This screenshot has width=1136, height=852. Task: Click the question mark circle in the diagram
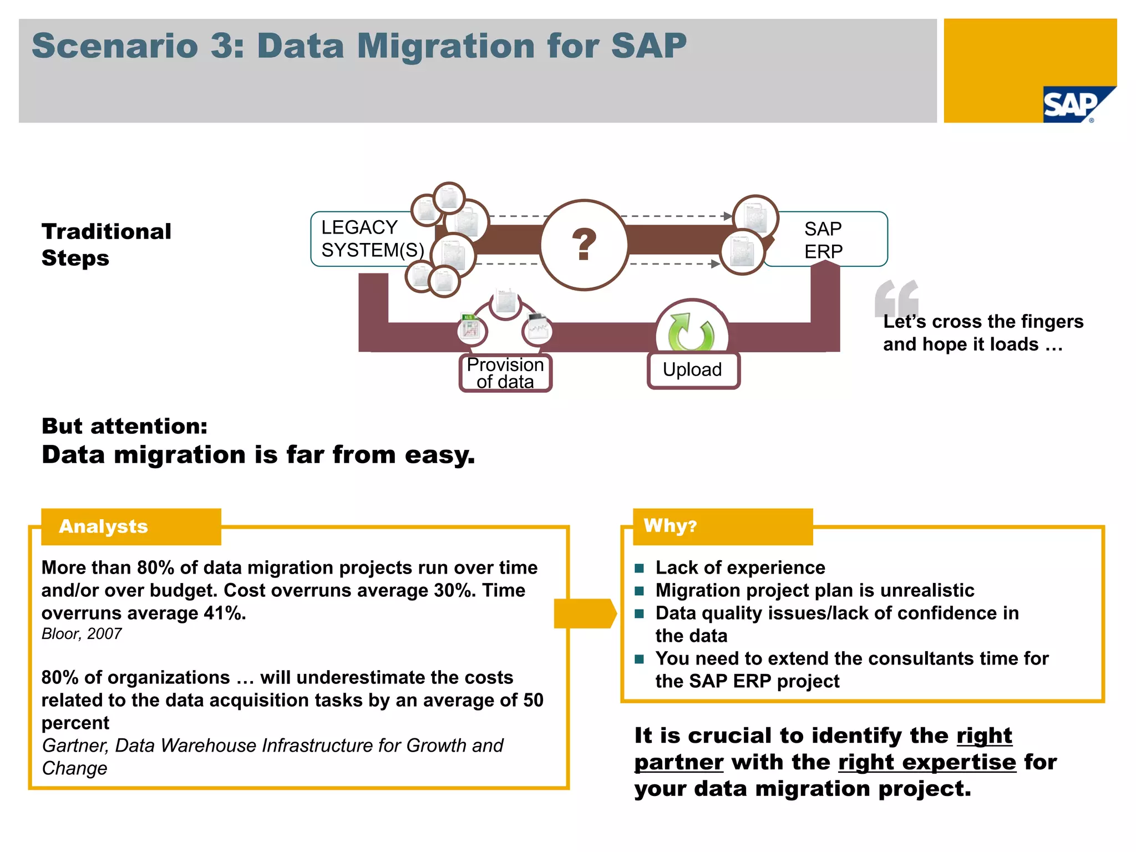click(584, 245)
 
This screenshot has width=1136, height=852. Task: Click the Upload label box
click(693, 370)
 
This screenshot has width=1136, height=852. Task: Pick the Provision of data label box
click(505, 373)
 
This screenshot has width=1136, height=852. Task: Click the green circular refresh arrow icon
click(691, 332)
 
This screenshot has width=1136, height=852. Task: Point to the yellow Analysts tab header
click(131, 526)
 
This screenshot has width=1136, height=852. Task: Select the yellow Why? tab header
click(722, 526)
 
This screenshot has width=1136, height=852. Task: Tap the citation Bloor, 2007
click(82, 634)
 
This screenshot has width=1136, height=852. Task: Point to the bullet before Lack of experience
click(640, 568)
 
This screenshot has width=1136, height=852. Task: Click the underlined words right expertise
click(927, 763)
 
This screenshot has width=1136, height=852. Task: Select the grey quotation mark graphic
click(895, 298)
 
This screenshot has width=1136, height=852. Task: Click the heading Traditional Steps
click(106, 245)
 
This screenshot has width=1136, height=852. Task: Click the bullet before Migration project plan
click(640, 591)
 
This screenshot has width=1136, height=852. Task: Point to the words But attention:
click(125, 426)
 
